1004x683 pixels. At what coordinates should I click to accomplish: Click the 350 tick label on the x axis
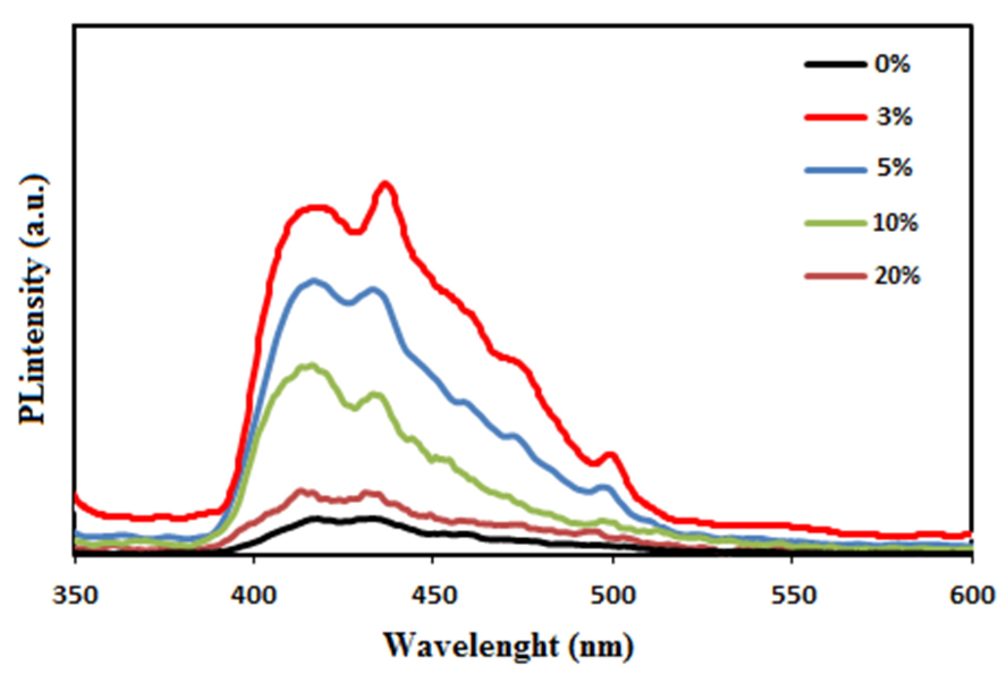[x=75, y=596]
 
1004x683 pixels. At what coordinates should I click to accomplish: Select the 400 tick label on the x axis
[x=254, y=596]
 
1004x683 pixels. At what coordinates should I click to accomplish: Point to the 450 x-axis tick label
[x=433, y=596]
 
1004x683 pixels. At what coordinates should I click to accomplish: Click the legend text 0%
[x=892, y=64]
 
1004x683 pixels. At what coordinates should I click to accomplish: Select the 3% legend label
[x=894, y=117]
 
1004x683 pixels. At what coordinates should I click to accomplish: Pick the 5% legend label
[x=894, y=168]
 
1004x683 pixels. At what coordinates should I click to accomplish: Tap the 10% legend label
[x=895, y=223]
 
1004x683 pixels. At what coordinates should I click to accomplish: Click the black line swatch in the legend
[x=835, y=64]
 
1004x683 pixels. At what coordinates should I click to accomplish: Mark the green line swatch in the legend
[x=835, y=223]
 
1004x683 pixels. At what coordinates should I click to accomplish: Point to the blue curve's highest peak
[x=314, y=281]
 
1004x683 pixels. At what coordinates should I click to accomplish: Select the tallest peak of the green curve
[x=310, y=366]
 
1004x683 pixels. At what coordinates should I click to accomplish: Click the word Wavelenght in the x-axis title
[x=471, y=646]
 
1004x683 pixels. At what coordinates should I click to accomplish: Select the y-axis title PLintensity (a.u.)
[x=33, y=300]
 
